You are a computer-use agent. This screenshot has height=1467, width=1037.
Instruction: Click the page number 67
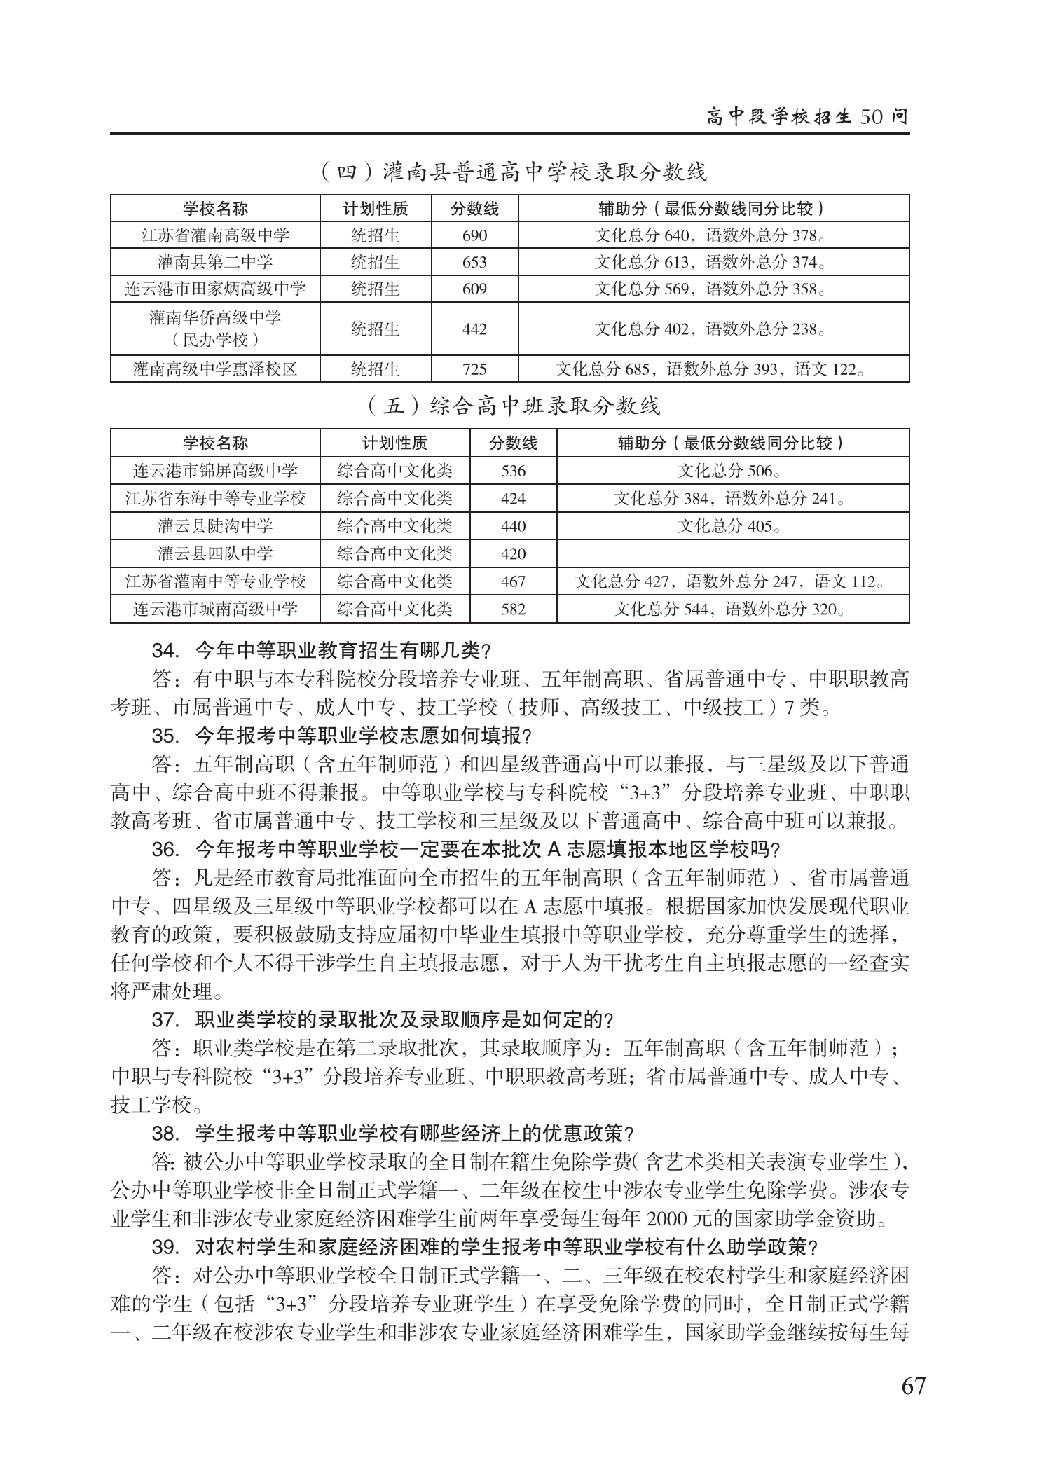pos(913,1386)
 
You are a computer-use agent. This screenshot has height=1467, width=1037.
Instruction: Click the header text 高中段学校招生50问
pos(807,117)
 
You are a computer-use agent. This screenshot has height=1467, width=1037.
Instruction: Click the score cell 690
pos(474,235)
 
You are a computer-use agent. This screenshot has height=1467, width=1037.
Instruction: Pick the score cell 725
pos(474,369)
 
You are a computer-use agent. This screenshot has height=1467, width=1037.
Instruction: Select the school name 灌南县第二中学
pos(215,262)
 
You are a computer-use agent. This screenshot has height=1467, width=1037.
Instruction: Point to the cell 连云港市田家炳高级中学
pos(215,289)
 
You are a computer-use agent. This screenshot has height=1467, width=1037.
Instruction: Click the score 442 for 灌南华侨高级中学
pos(474,329)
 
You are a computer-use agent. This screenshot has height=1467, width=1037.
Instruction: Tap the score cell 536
pos(513,471)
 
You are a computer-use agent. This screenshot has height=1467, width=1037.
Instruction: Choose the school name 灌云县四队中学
pos(215,553)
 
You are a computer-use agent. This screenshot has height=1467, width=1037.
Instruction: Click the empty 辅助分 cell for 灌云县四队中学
pos(732,553)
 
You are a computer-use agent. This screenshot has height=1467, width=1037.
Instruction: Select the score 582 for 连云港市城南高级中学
pos(513,609)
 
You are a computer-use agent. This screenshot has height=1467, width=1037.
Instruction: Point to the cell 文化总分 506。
pos(732,471)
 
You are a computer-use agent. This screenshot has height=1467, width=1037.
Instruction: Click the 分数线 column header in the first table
pos(474,208)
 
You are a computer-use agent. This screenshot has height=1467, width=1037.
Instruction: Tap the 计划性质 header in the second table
pos(394,443)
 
